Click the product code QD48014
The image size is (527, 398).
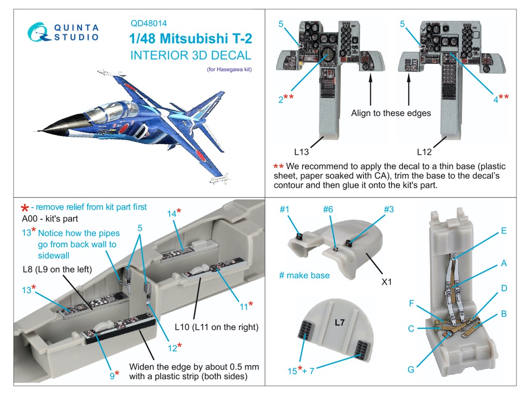click(x=148, y=24)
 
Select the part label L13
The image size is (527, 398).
click(x=302, y=152)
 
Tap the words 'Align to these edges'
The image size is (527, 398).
click(x=391, y=113)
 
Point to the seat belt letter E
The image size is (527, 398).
click(x=504, y=231)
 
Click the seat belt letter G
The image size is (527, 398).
click(x=411, y=369)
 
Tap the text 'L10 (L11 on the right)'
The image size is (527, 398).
click(x=216, y=327)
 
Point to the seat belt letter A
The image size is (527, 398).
click(x=504, y=263)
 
